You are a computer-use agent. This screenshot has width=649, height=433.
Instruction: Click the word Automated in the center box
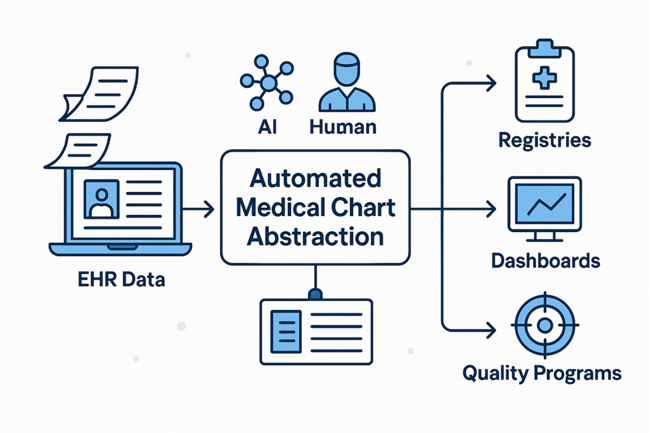[315, 178]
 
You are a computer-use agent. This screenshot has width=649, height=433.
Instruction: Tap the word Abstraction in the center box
[315, 236]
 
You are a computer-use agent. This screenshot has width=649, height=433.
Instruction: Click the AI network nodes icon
[267, 82]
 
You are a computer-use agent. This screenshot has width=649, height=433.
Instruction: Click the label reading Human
[343, 126]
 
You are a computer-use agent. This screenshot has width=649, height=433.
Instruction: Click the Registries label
[544, 140]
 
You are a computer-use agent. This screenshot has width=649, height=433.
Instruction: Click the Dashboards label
[544, 260]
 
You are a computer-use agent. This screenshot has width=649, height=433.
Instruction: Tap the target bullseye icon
[544, 325]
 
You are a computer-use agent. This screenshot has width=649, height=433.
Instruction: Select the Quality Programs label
[542, 373]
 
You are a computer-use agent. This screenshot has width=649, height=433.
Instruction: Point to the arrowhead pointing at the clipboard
[491, 81]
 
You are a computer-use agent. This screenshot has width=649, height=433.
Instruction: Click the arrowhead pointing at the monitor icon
[491, 209]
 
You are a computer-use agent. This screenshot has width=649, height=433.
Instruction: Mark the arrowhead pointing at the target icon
[491, 329]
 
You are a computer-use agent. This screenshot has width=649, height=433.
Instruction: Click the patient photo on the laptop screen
[101, 199]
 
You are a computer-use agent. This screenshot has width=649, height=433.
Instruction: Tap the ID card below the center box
[316, 331]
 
